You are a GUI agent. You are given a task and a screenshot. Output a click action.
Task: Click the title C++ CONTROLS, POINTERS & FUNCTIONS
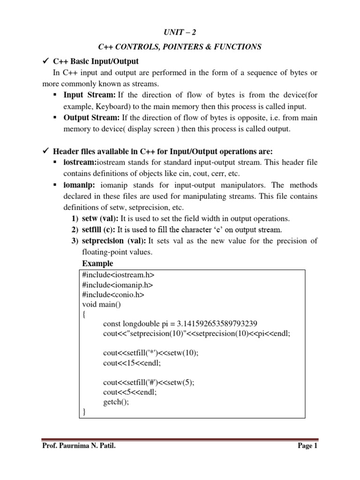(180, 47)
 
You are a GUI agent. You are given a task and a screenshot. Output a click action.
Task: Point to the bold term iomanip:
(80, 185)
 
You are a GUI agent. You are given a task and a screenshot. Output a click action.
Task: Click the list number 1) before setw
(75, 218)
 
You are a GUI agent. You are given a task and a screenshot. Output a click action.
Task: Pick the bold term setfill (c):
(98, 230)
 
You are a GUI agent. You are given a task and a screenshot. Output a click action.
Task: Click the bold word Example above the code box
(97, 263)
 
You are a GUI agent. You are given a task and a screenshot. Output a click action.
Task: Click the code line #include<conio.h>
(113, 295)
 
